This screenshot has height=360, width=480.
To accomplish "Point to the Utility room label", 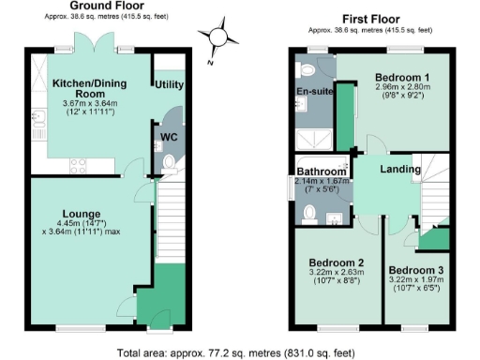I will (x=169, y=84).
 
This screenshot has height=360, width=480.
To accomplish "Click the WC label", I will (x=170, y=137).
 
